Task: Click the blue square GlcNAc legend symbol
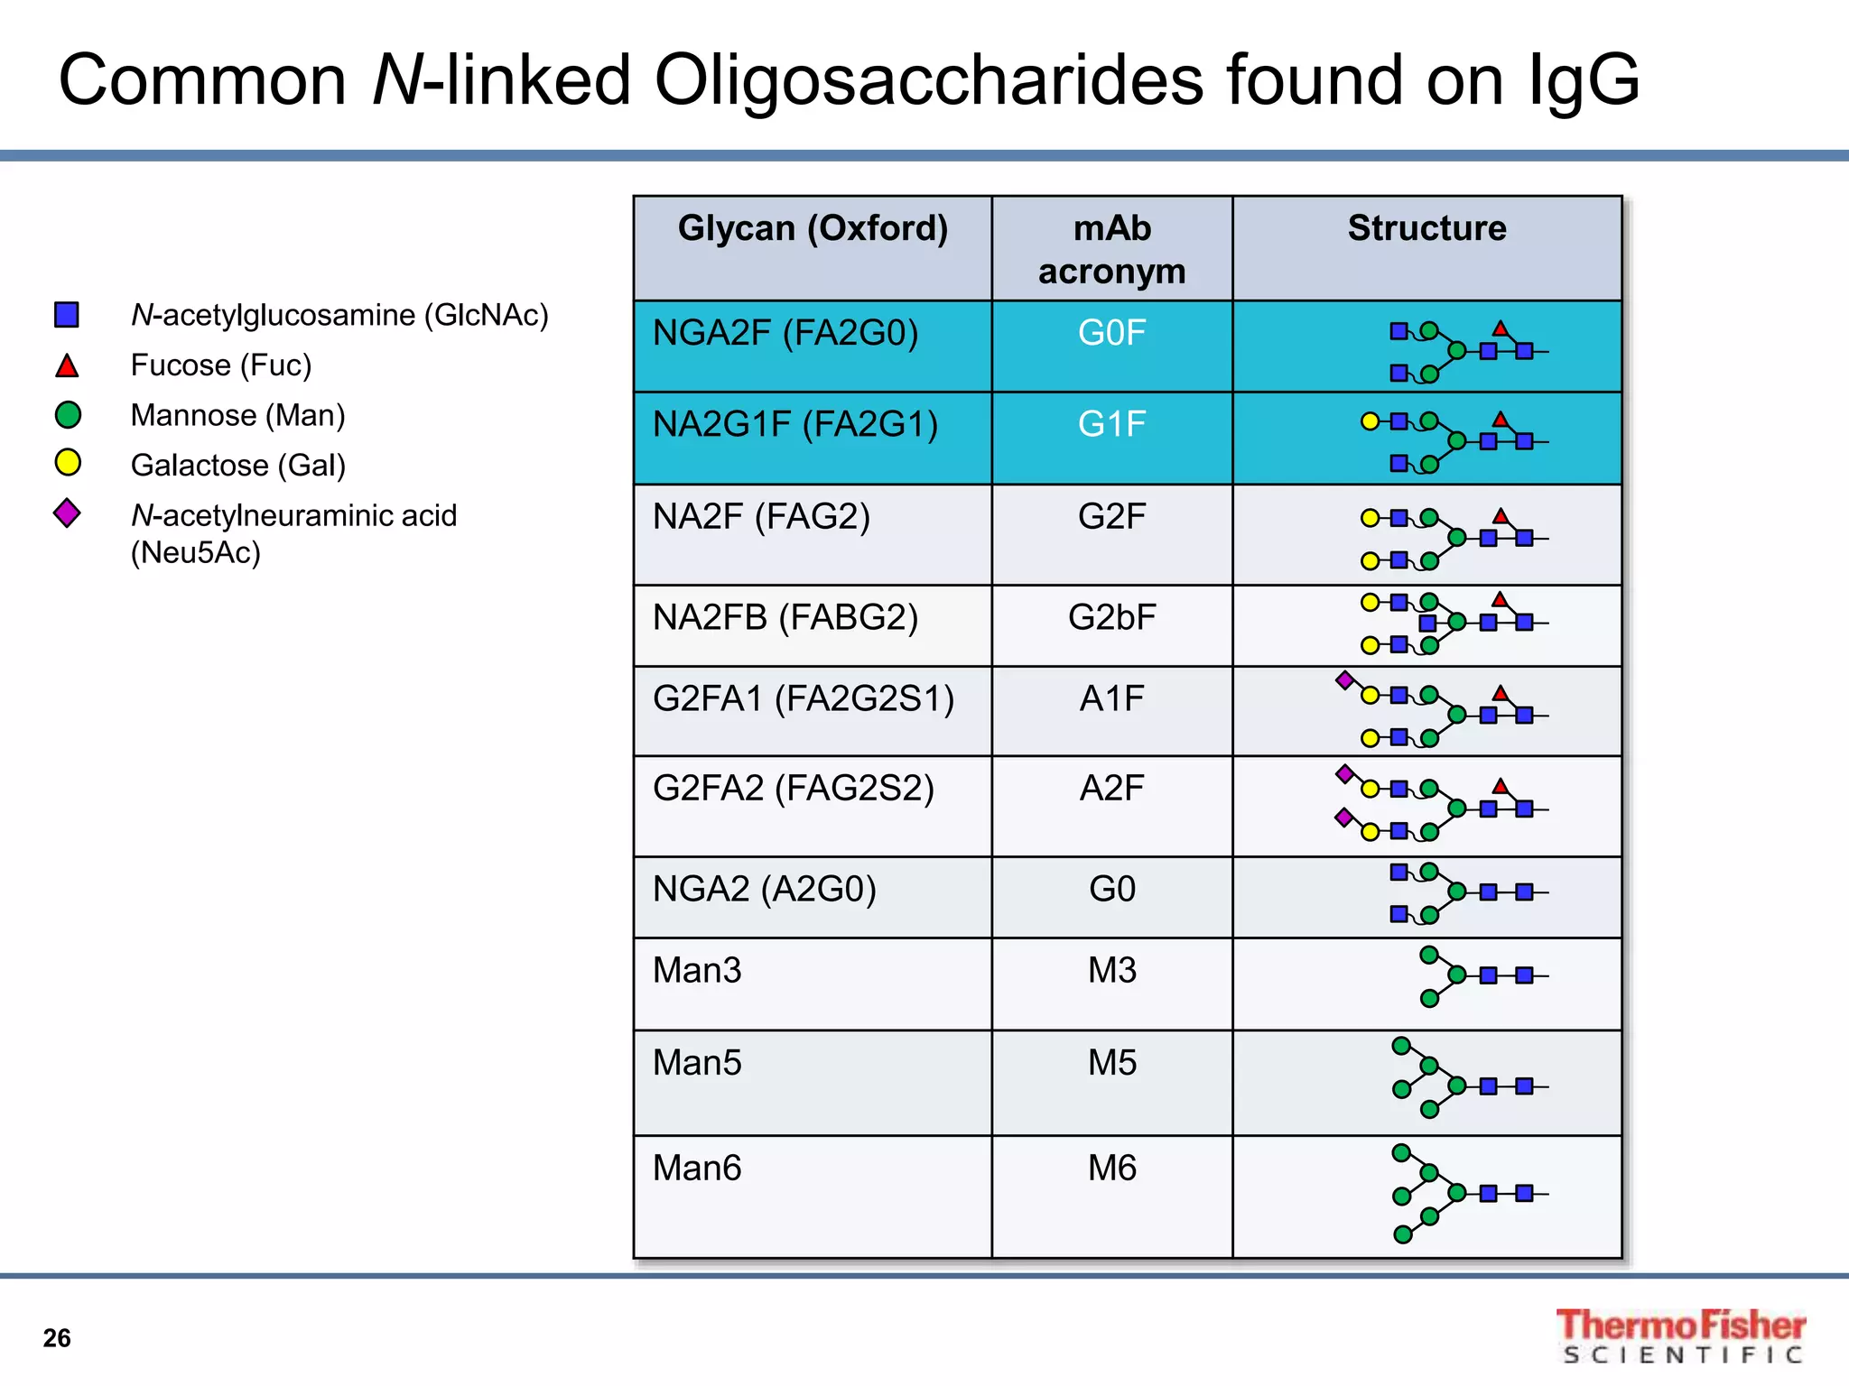tap(67, 315)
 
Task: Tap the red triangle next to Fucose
tap(67, 366)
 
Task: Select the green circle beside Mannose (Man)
tap(68, 415)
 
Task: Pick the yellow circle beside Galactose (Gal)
tap(68, 463)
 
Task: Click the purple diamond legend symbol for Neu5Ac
tap(67, 513)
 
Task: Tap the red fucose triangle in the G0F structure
tap(1500, 328)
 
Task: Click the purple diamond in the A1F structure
tap(1344, 679)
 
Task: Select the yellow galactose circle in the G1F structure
tap(1370, 421)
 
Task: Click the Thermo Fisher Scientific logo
tap(1681, 1335)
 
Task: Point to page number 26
tap(57, 1338)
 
